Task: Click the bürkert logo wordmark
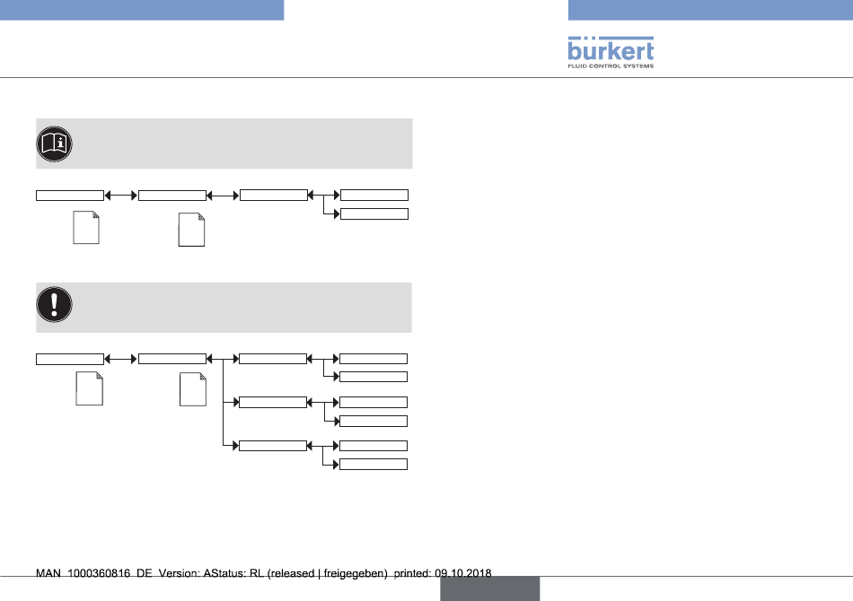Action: [x=611, y=49]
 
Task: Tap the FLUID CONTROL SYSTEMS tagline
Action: [x=611, y=66]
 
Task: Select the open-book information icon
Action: [x=55, y=144]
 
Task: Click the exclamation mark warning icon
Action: [x=55, y=305]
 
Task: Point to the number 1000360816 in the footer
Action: [x=99, y=573]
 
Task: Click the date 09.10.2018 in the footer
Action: [x=463, y=573]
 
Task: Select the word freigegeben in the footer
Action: [x=356, y=573]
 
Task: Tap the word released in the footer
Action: [x=291, y=573]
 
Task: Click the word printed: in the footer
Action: [x=412, y=573]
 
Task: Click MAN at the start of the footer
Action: [x=48, y=573]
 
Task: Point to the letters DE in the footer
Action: [x=145, y=573]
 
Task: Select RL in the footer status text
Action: [x=256, y=573]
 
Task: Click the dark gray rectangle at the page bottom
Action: [x=489, y=588]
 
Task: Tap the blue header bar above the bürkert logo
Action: [x=710, y=10]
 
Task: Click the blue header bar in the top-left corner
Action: [x=142, y=10]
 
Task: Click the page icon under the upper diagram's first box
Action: [x=86, y=227]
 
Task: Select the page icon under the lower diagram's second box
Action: [x=193, y=389]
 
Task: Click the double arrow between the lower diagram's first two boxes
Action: [x=121, y=359]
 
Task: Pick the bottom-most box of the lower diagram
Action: [x=374, y=464]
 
